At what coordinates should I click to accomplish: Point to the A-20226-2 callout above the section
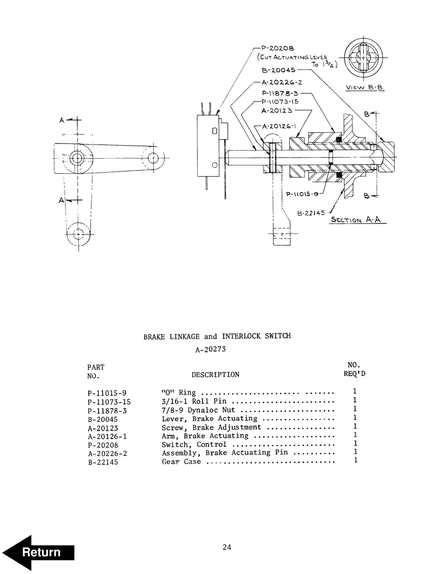coord(282,82)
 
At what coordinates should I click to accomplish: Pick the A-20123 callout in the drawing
coord(277,111)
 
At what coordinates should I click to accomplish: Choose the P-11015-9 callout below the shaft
coord(302,194)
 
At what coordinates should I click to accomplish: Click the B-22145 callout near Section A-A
coord(311,213)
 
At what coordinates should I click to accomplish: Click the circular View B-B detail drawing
coord(363,58)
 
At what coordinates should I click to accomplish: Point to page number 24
coord(227,547)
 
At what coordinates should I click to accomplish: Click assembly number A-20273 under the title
coord(210,349)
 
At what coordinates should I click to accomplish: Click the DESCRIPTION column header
coord(215,375)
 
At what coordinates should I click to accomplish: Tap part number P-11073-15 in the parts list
coord(109,402)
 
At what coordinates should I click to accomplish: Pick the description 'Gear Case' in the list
coord(181,461)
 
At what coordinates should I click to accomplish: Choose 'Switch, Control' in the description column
coord(194,444)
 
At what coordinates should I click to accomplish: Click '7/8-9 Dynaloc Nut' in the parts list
coord(198,410)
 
